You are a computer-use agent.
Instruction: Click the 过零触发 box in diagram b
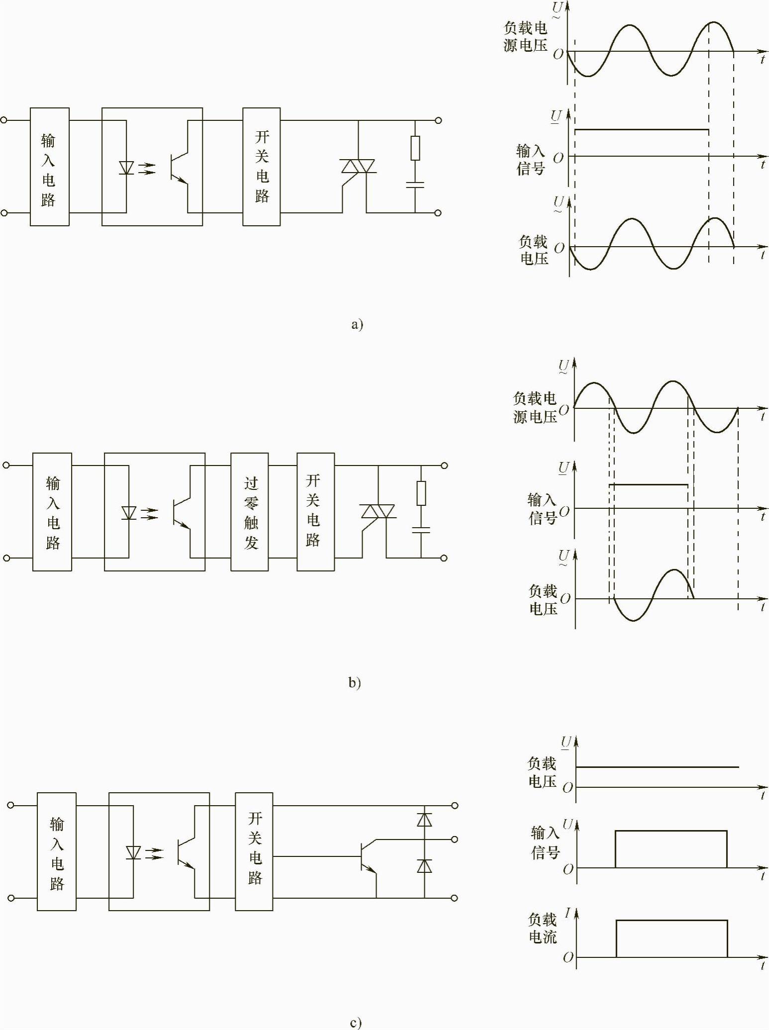250,512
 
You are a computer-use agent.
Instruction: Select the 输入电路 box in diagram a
49,167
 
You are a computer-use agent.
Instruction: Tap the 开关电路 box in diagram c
254,851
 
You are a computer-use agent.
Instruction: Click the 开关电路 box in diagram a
262,167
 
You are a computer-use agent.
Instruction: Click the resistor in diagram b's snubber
421,493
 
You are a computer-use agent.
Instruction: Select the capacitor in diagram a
415,185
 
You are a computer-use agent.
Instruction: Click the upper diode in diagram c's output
424,819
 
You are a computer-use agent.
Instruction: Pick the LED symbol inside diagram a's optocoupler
126,168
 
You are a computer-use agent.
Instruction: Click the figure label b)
354,683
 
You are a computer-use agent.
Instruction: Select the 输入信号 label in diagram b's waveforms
542,508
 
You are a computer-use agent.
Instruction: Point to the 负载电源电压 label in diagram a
525,36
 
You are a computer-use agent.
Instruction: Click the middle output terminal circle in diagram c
454,839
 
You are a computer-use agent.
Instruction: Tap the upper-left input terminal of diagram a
4,120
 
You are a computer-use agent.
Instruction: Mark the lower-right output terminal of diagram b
444,558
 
